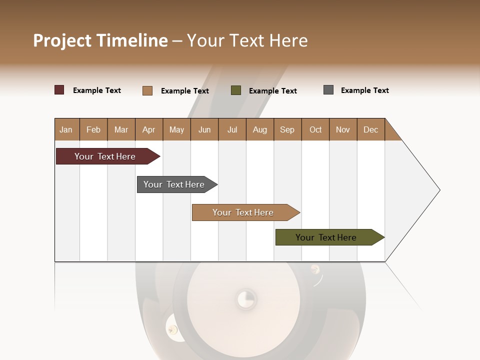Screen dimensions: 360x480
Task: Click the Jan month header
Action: click(x=66, y=129)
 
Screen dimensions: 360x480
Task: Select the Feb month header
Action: click(x=93, y=129)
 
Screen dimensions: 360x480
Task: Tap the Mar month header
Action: click(x=121, y=129)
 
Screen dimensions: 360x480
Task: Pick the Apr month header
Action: click(x=149, y=129)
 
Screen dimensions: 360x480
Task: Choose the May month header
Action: click(x=176, y=129)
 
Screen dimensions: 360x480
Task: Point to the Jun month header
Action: click(x=204, y=129)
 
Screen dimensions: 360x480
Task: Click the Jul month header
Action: click(x=232, y=129)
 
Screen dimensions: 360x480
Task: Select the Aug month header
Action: click(x=260, y=129)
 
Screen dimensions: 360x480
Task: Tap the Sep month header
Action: click(x=287, y=129)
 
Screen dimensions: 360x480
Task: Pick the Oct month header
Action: click(x=315, y=129)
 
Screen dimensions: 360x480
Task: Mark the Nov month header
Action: click(x=343, y=129)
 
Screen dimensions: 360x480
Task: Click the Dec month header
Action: click(x=371, y=129)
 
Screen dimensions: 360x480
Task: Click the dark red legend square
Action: click(x=59, y=90)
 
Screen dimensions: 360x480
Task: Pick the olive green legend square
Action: click(x=236, y=90)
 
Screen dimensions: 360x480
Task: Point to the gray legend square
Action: click(x=328, y=90)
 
